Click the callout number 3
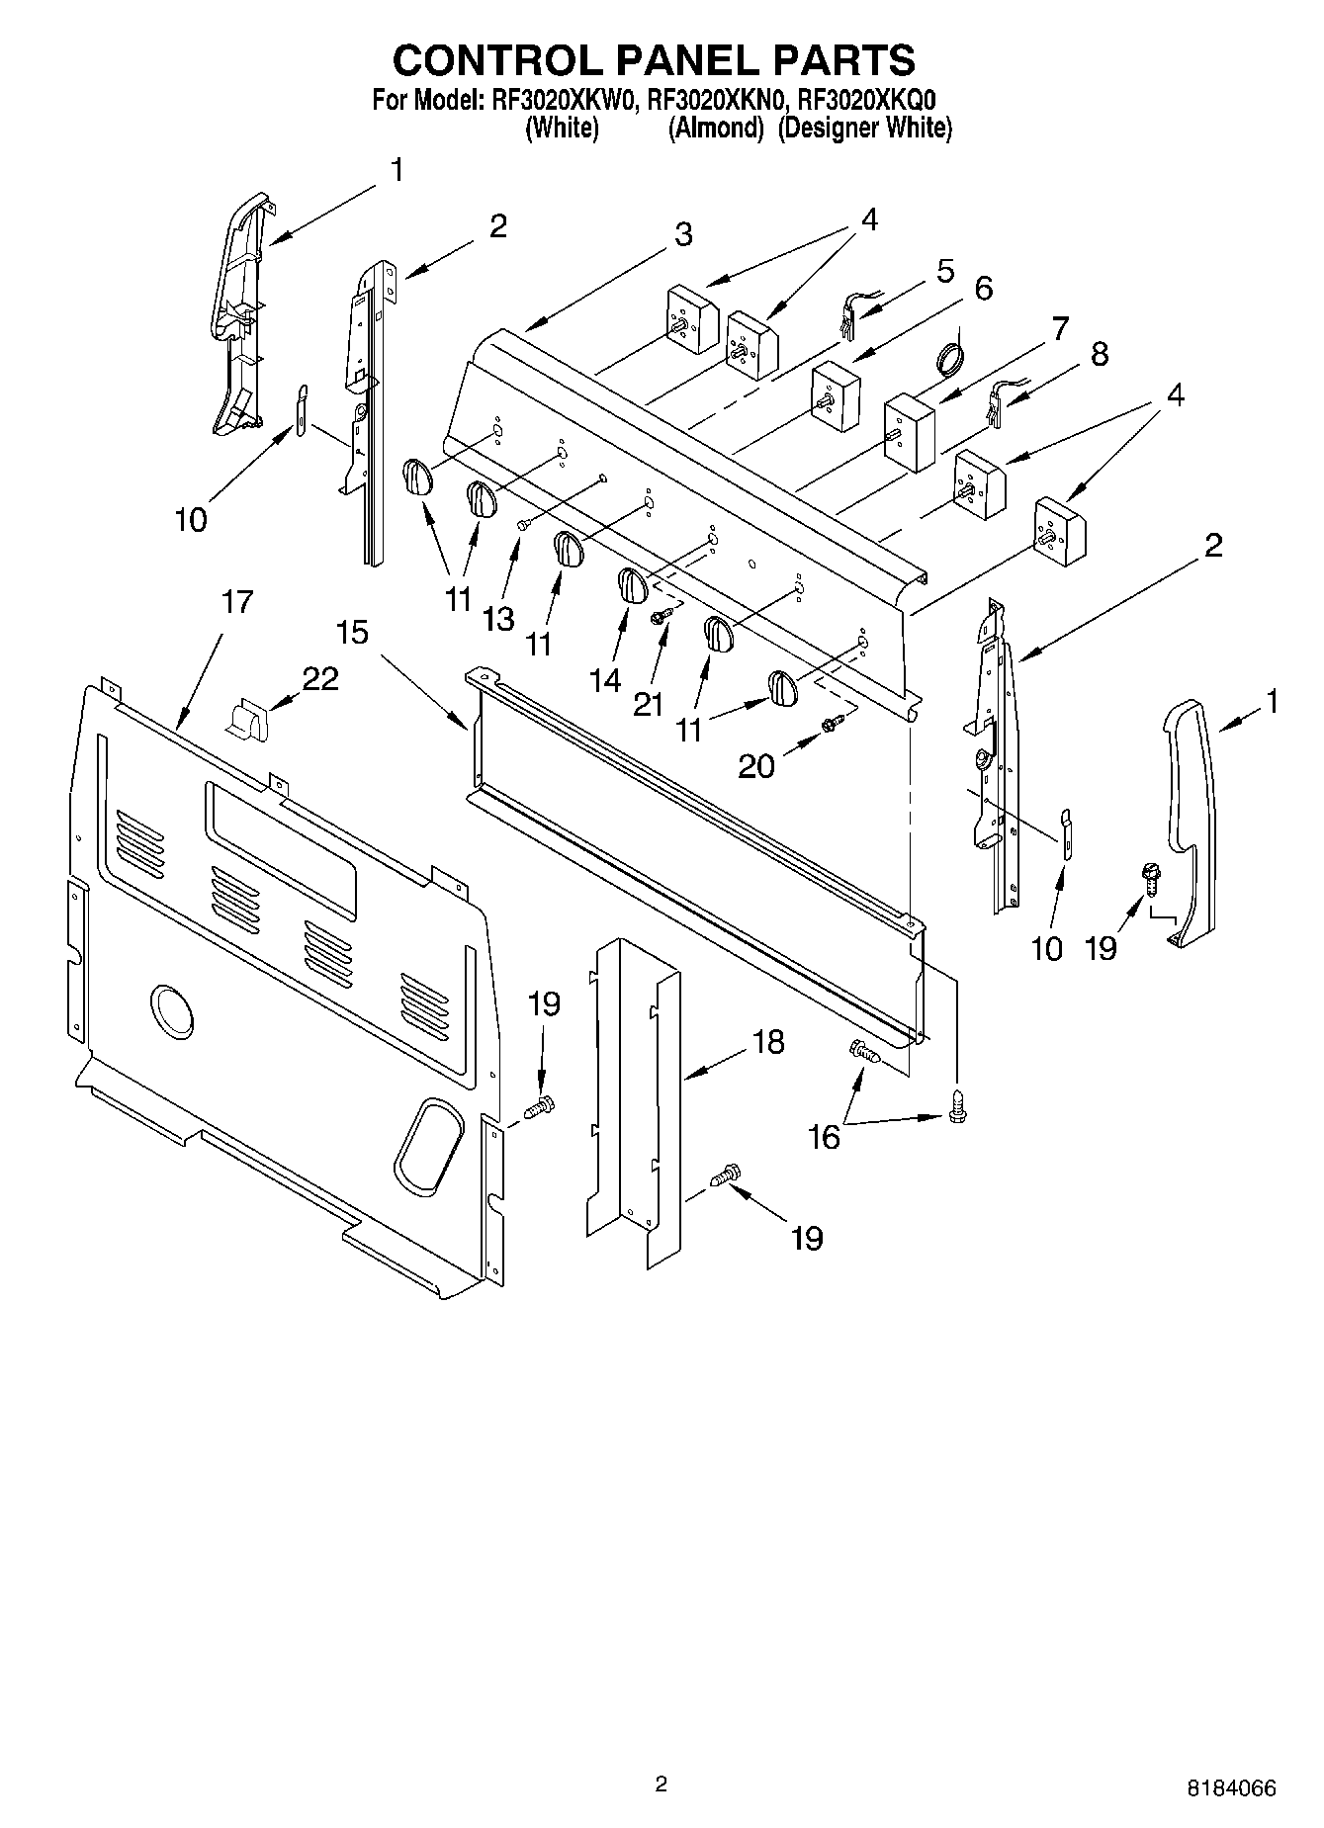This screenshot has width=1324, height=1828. point(683,235)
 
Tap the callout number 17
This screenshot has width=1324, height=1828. point(237,601)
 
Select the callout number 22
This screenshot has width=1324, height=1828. point(319,678)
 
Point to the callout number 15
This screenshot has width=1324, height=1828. point(352,632)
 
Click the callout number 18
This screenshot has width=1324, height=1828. point(767,1042)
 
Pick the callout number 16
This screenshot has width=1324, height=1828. point(824,1137)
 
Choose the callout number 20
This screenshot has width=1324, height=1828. point(756,765)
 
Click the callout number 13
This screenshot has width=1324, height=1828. point(498,619)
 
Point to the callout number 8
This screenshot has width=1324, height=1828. point(1099,354)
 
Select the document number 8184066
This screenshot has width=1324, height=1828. point(1231,1787)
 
